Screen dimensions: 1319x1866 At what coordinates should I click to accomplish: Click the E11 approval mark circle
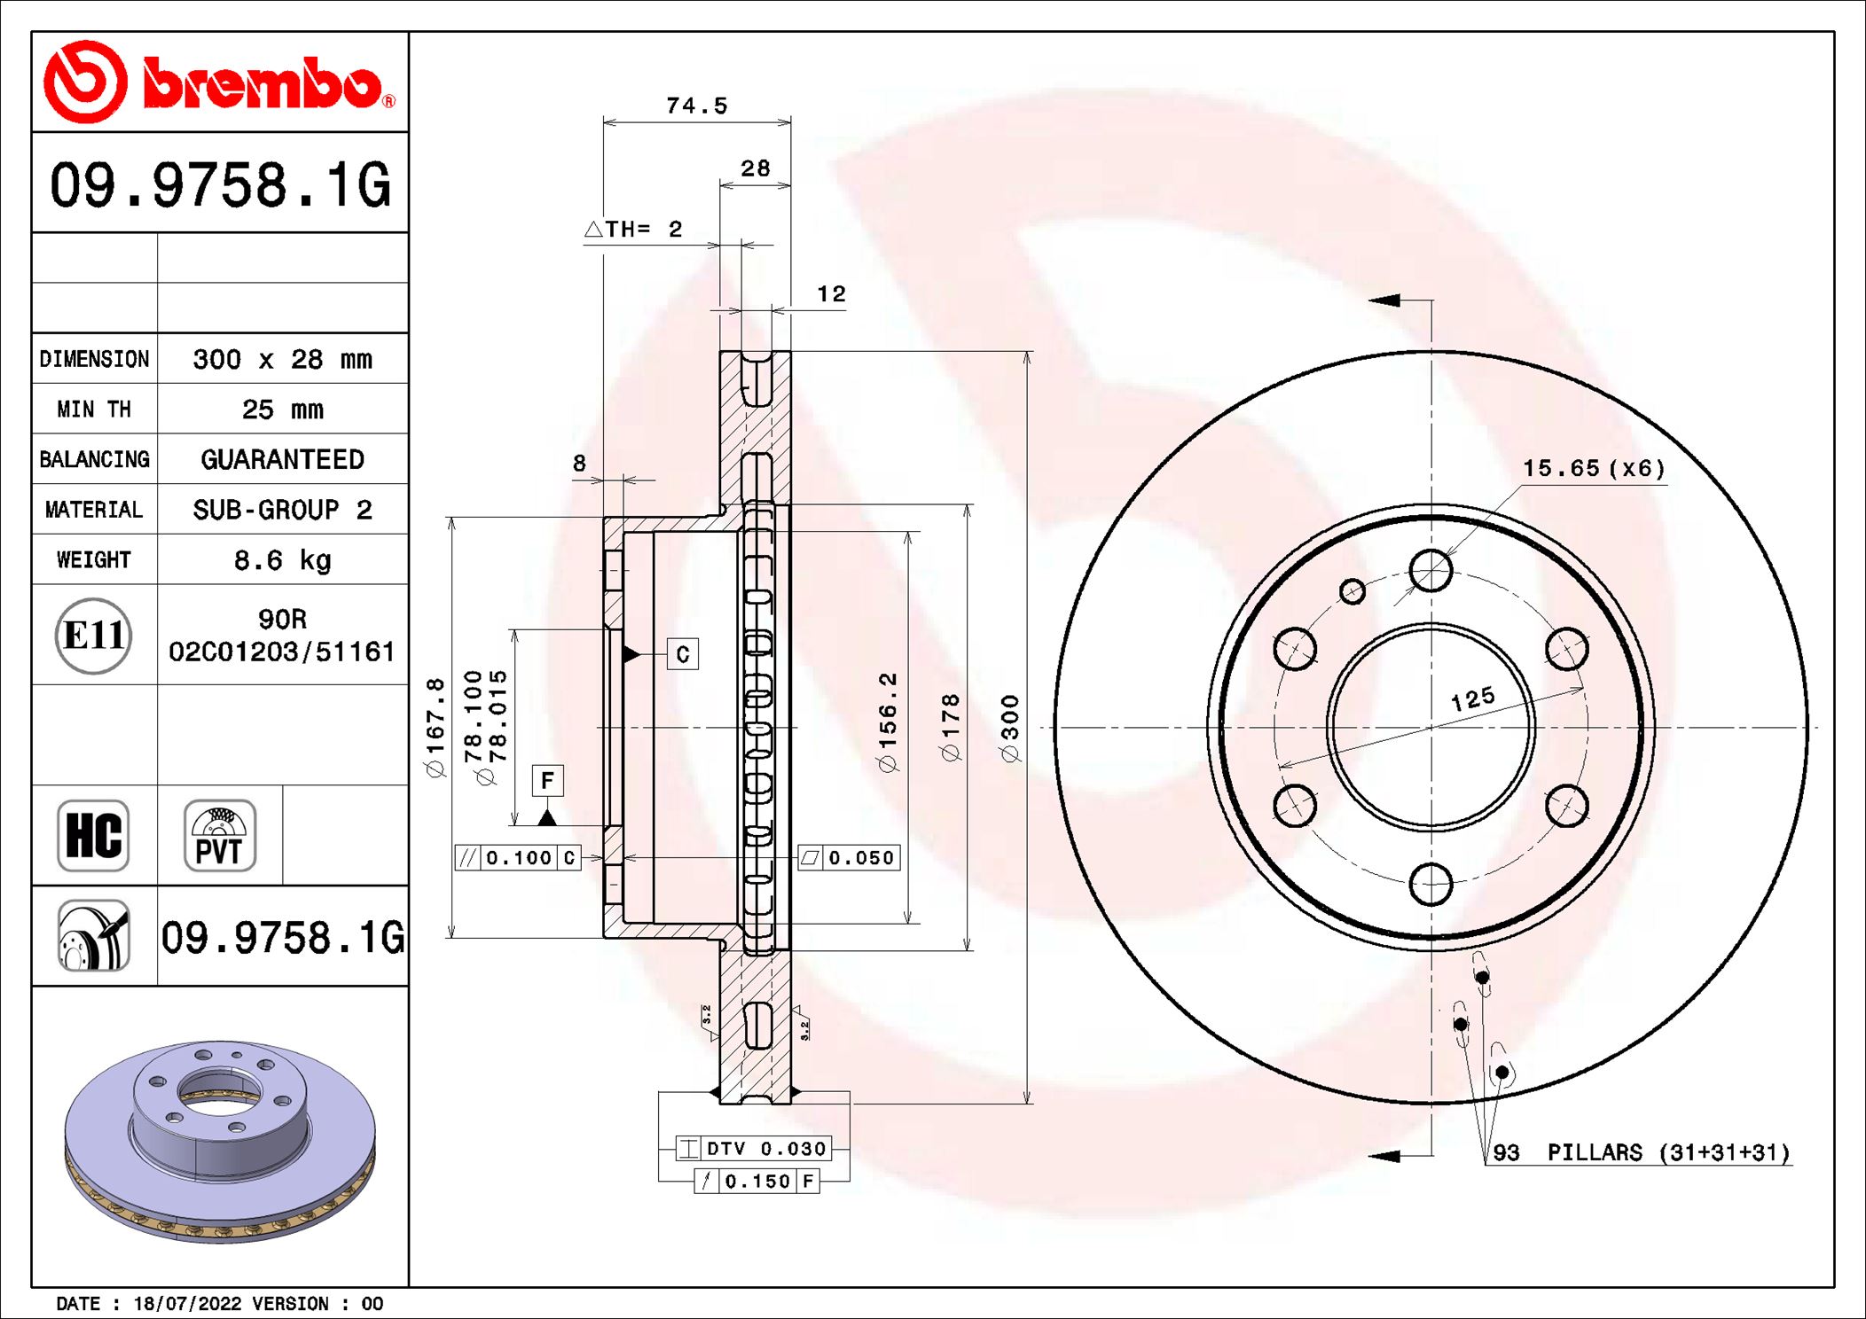pos(93,636)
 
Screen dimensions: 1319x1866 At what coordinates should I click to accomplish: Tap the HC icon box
pos(93,835)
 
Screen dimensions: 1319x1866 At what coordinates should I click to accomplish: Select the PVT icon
pos(220,835)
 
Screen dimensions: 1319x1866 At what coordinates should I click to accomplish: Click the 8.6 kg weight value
pos(282,560)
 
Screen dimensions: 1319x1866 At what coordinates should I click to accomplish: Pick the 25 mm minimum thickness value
pos(282,410)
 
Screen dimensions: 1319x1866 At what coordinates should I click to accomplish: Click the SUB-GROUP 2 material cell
pos(282,510)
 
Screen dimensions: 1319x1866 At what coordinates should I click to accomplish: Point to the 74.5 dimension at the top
pos(696,106)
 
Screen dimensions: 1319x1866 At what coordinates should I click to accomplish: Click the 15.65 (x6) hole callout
pos(1594,468)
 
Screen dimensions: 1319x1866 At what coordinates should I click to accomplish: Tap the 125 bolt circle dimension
pos(1473,699)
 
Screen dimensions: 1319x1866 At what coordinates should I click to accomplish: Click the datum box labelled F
pos(547,780)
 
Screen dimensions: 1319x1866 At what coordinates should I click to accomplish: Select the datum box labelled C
pos(682,654)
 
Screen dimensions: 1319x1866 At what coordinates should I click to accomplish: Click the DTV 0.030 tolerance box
pos(754,1149)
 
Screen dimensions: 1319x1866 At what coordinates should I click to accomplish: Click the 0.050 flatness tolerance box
pos(849,858)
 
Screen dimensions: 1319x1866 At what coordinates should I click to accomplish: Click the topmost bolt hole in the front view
pos(1431,570)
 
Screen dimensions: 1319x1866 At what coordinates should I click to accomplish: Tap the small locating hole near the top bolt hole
pos(1352,591)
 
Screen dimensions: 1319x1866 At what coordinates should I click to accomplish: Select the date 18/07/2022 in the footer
pos(187,1303)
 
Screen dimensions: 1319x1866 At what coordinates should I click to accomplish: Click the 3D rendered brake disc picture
pos(220,1139)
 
